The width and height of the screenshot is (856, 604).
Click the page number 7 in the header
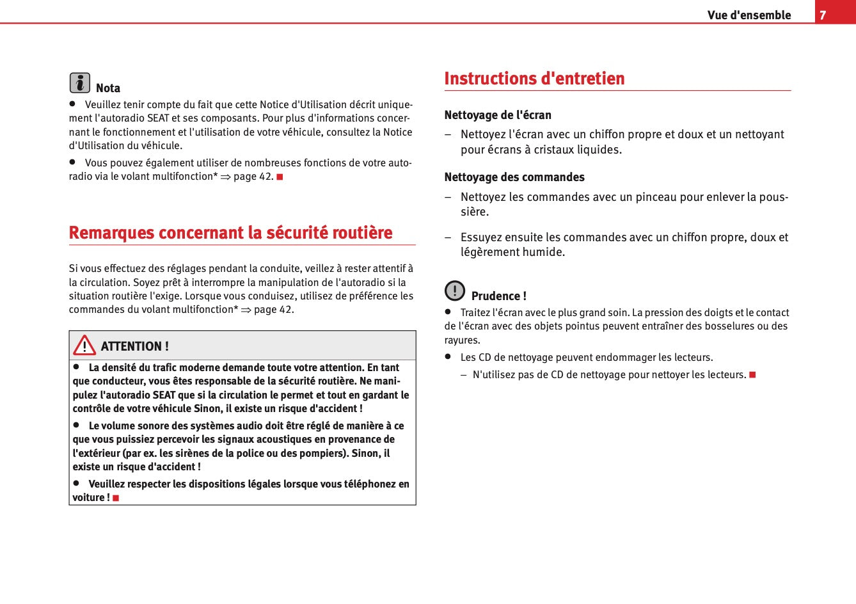coord(823,15)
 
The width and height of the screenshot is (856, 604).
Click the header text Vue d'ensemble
coord(749,15)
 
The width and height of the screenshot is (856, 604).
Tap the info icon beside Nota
coord(80,83)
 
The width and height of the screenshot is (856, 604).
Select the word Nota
coord(108,88)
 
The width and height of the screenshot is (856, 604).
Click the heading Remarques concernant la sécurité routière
coord(230,232)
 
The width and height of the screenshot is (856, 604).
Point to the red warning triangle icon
coord(84,346)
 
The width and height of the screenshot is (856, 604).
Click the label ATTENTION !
coord(134,346)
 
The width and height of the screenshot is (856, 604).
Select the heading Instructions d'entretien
coord(534,78)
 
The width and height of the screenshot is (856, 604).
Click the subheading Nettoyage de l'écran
coord(498,115)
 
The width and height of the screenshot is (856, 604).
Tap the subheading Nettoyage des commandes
coord(514,177)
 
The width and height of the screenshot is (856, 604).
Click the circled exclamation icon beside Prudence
coord(455,291)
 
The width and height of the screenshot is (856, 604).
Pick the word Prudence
coord(496,296)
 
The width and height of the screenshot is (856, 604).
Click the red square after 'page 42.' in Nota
coord(280,177)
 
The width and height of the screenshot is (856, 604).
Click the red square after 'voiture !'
coord(116,498)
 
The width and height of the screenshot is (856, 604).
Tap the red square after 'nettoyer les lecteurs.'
coord(753,374)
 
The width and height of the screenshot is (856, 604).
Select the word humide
coord(544,252)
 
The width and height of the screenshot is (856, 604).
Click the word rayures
coord(462,340)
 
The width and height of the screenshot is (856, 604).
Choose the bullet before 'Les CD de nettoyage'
coord(448,356)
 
